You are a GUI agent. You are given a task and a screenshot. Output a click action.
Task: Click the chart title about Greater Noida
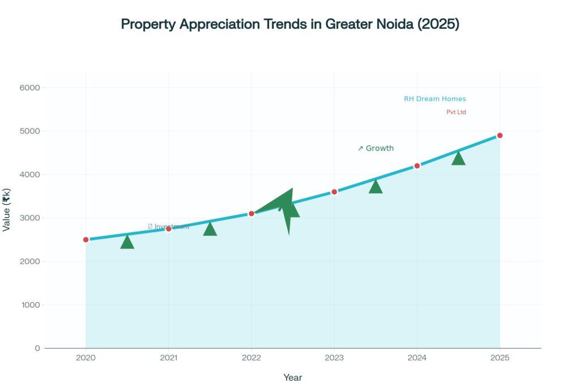point(289,24)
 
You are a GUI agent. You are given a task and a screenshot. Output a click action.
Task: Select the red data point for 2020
point(86,240)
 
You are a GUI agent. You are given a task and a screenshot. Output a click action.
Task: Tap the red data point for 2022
point(251,214)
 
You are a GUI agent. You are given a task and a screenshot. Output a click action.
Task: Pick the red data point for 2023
point(334,192)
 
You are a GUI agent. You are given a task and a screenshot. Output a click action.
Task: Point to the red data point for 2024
point(417,166)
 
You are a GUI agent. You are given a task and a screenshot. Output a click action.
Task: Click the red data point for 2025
point(500,135)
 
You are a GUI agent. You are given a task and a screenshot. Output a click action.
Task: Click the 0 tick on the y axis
point(37,348)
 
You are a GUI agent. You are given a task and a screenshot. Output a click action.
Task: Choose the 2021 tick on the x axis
point(169,358)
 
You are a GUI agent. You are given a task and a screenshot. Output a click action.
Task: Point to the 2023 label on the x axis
point(334,358)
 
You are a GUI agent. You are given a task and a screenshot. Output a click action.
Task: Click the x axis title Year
point(293,377)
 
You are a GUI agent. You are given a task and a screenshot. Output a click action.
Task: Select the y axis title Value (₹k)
point(7,210)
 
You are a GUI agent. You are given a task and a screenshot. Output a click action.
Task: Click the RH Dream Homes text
point(434,99)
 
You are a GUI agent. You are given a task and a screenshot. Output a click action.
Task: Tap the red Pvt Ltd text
point(456,112)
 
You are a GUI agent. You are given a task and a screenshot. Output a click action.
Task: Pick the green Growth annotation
point(376,148)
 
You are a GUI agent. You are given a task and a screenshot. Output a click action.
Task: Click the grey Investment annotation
point(169,227)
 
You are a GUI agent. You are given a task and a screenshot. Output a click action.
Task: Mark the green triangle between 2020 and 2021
point(127,243)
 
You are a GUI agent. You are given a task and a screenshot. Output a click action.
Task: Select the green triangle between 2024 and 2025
point(458,159)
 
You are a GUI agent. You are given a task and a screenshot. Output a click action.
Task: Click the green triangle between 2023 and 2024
point(376,187)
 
